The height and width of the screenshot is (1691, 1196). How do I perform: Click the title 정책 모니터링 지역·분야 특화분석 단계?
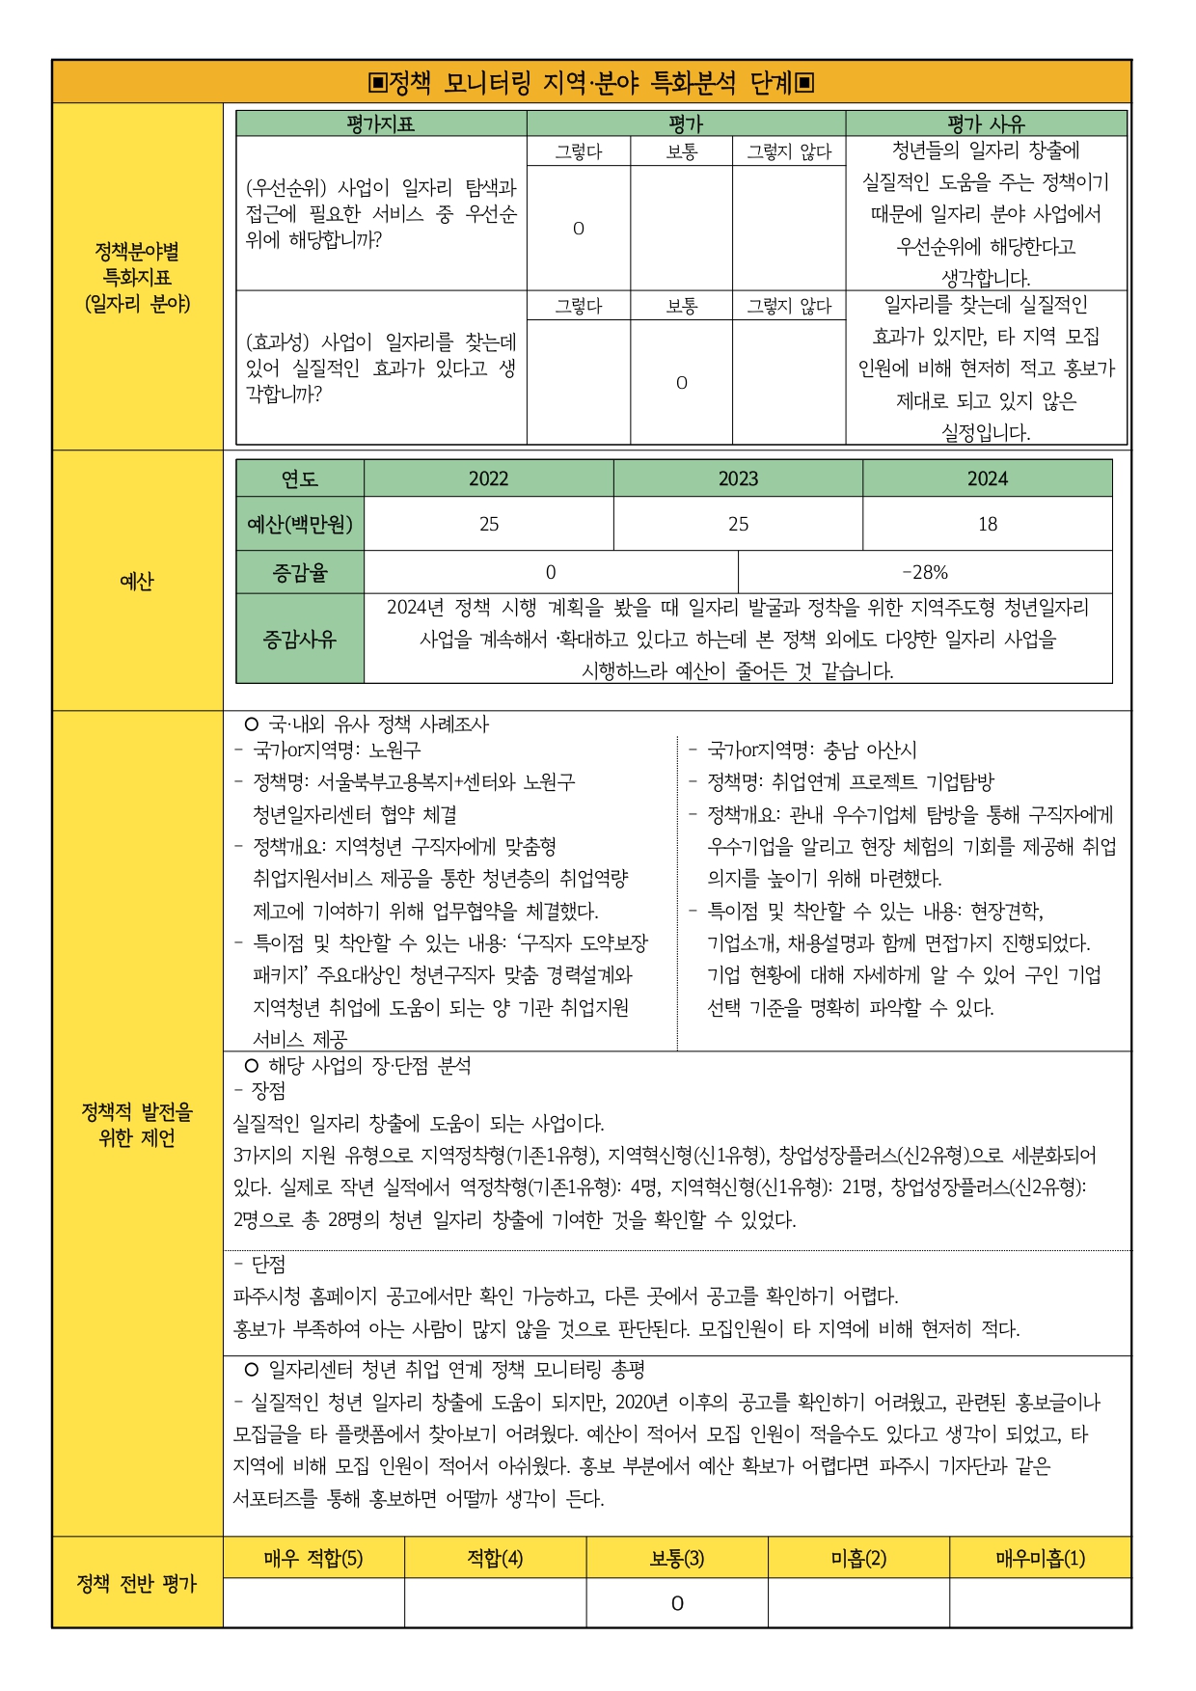591,83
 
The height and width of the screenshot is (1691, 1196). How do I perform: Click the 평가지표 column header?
381,123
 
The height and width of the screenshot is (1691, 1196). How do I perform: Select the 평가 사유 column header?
986,123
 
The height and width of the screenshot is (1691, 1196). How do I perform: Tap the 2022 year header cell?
488,478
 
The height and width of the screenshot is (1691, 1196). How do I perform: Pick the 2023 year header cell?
738,478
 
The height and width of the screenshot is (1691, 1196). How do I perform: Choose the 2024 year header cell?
987,478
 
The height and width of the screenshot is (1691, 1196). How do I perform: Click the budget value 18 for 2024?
987,524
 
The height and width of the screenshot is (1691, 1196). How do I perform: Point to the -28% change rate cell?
925,572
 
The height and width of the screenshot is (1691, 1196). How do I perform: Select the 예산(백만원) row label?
300,524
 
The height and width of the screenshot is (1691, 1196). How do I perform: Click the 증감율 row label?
300,573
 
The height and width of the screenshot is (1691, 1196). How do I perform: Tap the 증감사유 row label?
300,639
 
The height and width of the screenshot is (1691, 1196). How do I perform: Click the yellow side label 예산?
137,581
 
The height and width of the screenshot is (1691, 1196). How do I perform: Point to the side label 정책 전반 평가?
137,1583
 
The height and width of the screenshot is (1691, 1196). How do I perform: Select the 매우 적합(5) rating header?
313,1558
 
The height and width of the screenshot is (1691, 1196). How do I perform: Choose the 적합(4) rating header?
495,1558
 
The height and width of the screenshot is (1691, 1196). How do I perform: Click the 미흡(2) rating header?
858,1558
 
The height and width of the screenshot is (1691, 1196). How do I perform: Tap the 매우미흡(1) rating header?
1040,1558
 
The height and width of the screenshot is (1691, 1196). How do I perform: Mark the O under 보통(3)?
677,1603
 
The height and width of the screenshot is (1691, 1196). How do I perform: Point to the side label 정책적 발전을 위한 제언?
137,1125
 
